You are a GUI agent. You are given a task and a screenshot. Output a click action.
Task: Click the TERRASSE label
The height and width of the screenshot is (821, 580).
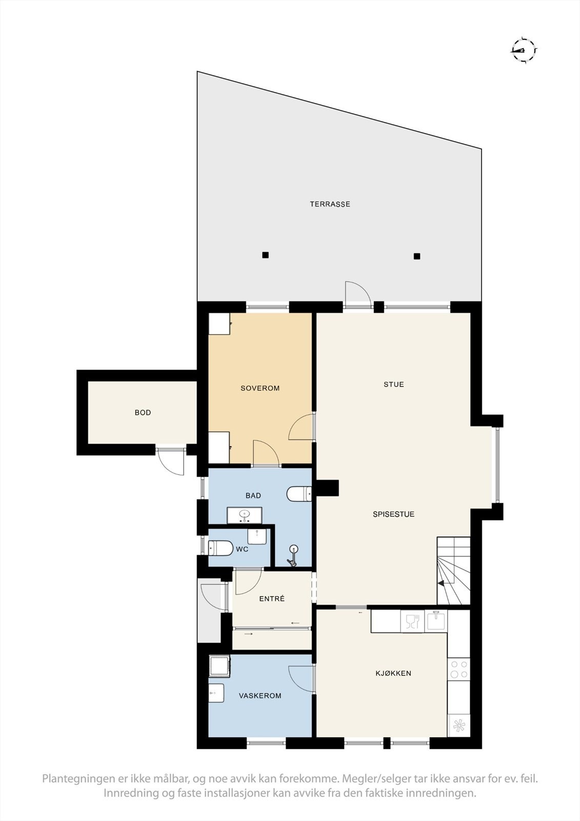click(x=330, y=204)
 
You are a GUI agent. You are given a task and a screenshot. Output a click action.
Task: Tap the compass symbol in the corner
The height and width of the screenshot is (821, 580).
click(x=524, y=50)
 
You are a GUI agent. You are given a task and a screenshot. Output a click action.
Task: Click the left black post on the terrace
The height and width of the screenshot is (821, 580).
click(x=265, y=255)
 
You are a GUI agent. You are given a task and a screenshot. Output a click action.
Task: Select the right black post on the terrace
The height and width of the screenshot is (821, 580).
click(x=417, y=256)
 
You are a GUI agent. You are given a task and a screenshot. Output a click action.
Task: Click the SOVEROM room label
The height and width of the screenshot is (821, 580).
click(x=260, y=388)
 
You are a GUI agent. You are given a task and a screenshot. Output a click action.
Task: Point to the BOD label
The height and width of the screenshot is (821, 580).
click(x=143, y=413)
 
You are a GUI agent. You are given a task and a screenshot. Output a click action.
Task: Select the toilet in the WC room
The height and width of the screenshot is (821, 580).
click(x=219, y=548)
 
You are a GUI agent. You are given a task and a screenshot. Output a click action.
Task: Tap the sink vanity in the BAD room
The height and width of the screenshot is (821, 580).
click(x=245, y=515)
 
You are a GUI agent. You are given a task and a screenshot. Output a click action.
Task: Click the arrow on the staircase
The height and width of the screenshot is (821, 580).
click(x=441, y=583)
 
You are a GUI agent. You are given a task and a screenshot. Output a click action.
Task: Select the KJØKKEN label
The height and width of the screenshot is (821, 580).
click(x=393, y=673)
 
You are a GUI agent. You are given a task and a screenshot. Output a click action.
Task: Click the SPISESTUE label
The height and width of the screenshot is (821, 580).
click(x=393, y=514)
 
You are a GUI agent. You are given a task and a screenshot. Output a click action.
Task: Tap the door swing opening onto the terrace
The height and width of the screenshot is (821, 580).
click(x=357, y=295)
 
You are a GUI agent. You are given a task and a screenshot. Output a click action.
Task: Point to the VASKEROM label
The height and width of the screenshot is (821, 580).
click(x=260, y=696)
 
